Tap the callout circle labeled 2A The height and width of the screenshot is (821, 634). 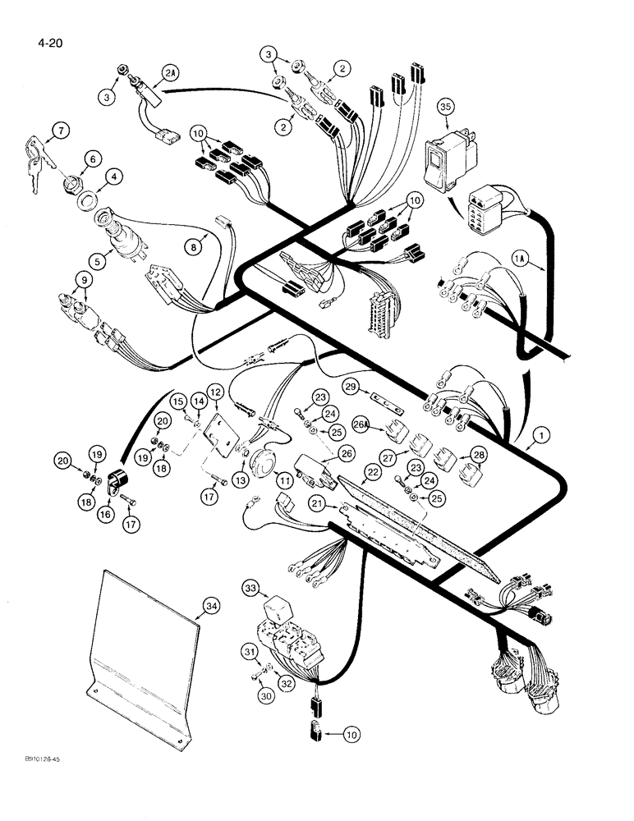point(169,74)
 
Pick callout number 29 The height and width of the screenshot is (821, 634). point(351,386)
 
